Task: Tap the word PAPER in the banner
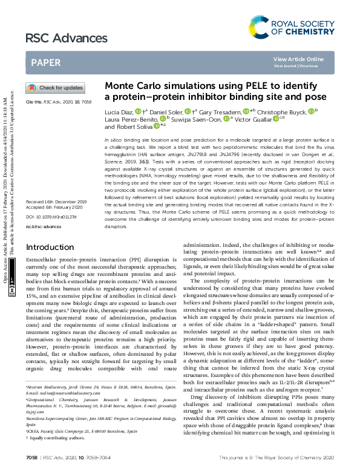pos(46,62)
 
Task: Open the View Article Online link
pos(298,59)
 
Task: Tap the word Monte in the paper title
pos(120,86)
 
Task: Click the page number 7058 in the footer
pos(31,459)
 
